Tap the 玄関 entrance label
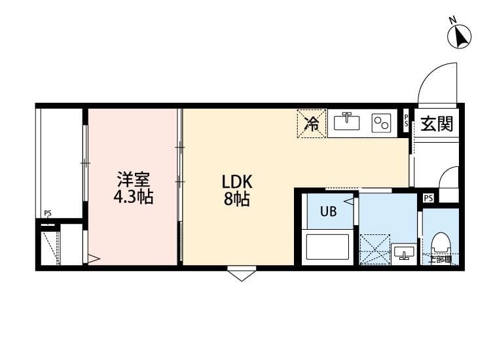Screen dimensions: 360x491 (437, 123)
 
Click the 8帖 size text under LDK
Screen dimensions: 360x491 (236, 200)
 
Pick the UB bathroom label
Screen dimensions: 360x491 (328, 211)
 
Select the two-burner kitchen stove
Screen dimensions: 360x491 (380, 123)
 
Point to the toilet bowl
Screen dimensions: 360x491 (441, 243)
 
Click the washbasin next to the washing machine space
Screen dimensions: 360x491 (404, 252)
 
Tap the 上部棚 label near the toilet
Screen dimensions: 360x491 (440, 260)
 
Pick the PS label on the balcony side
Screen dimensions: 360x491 (48, 213)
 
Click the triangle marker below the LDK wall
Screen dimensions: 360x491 (242, 274)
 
